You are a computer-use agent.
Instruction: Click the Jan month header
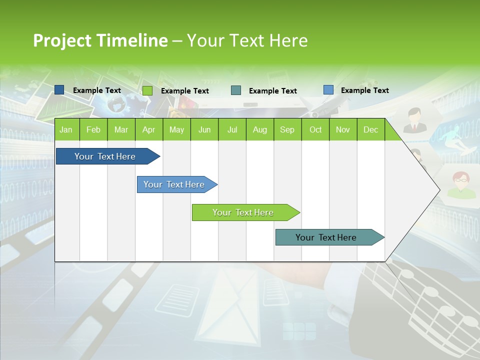tap(66, 129)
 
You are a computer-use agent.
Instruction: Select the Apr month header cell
tap(149, 129)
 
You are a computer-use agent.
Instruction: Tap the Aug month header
tap(259, 129)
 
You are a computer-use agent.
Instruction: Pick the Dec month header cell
tap(370, 129)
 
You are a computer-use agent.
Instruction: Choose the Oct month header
tap(315, 129)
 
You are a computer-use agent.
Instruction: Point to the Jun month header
tap(204, 129)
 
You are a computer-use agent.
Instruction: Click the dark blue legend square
tap(59, 90)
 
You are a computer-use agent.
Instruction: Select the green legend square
tap(147, 90)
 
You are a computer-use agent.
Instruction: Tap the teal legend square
tap(236, 90)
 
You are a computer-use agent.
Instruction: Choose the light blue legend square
tap(328, 90)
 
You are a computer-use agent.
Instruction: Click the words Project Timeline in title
tap(100, 40)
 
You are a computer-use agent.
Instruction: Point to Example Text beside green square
tap(184, 91)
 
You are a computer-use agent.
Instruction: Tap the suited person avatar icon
tap(414, 120)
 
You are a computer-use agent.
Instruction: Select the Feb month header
tap(93, 129)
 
